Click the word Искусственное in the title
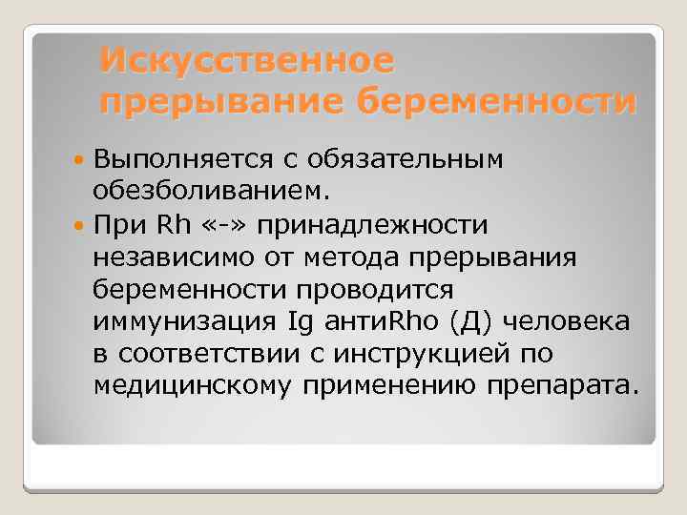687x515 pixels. (x=247, y=60)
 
